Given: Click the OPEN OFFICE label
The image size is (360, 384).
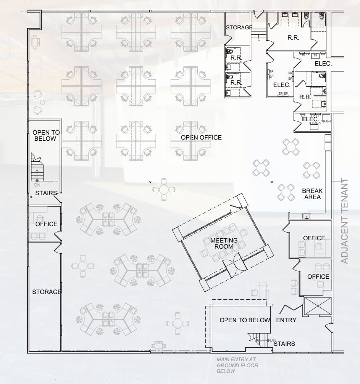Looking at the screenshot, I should (201, 137).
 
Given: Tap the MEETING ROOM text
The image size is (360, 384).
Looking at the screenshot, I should (224, 243).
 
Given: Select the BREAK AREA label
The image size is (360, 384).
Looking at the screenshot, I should (312, 194).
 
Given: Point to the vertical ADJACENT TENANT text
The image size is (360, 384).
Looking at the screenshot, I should (344, 221).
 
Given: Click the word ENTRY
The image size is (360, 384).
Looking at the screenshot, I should (286, 320).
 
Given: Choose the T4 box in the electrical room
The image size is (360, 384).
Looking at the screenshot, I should (315, 56).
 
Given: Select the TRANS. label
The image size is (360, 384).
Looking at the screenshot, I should (327, 121).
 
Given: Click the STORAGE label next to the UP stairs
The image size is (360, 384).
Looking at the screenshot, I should (239, 27).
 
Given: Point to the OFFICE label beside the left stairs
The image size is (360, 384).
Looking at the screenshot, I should (46, 224).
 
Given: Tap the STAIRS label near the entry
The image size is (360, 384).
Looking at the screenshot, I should (284, 344).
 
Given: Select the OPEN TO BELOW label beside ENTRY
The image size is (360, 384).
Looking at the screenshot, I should (245, 320).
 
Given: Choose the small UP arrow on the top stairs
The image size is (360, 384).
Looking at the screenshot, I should (258, 40).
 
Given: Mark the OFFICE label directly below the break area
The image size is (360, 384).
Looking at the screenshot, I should (314, 238).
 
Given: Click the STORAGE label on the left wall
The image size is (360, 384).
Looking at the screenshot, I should (47, 292).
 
